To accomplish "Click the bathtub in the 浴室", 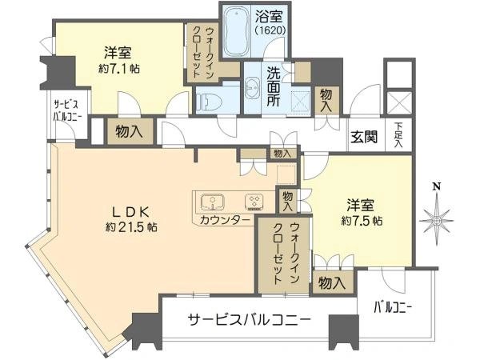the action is coord(235,30).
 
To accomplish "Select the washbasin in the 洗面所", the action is coord(252,87).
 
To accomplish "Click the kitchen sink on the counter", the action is coord(213,202).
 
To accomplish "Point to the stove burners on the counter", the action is coord(254,202).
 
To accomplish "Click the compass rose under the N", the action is coord(437,220).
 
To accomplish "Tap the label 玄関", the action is coord(364,137).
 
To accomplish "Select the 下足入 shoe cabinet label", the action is coord(398,135).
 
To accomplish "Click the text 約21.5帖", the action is coord(132,227).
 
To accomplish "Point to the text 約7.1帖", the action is coord(119,69).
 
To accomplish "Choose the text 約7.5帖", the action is coord(362,221).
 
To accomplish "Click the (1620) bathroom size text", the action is coord(270,30).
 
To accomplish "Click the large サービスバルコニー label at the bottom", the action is coord(249,320).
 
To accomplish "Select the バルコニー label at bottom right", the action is coord(393,308).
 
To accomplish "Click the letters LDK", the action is coord(131,212).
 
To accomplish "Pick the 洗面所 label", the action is coord(273,86).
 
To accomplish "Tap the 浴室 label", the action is coord(269,17).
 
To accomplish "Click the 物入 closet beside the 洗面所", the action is coord(327,101).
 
